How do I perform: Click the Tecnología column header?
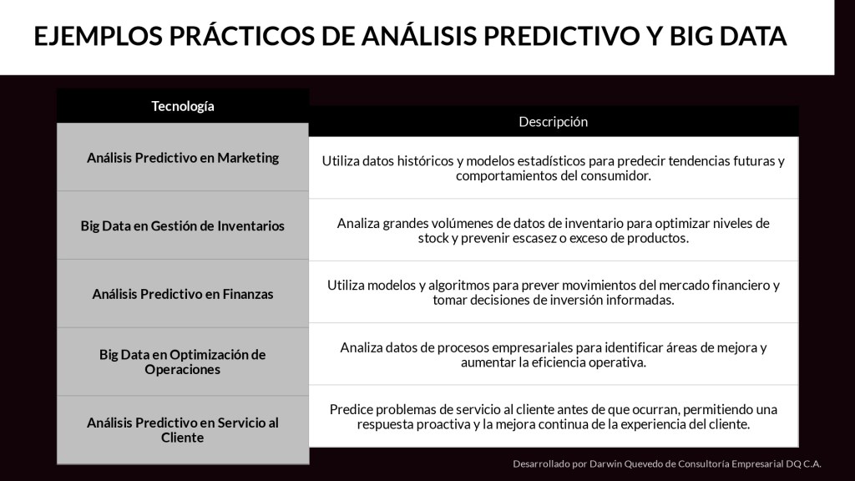[x=183, y=106]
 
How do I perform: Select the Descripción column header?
[x=553, y=122]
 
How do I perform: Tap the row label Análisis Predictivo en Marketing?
[x=183, y=158]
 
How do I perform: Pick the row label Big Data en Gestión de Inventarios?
[x=183, y=225]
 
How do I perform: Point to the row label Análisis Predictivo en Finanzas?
[x=183, y=294]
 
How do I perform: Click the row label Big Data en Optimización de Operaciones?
[x=183, y=362]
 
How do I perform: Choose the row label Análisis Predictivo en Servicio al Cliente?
[x=183, y=430]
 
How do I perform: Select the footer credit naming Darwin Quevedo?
[x=667, y=464]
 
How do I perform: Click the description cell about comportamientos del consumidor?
[x=553, y=168]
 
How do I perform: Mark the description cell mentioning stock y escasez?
[x=553, y=230]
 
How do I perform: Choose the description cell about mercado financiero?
[x=553, y=292]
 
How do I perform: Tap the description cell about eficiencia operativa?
[x=553, y=354]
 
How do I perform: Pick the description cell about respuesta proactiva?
[x=553, y=417]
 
